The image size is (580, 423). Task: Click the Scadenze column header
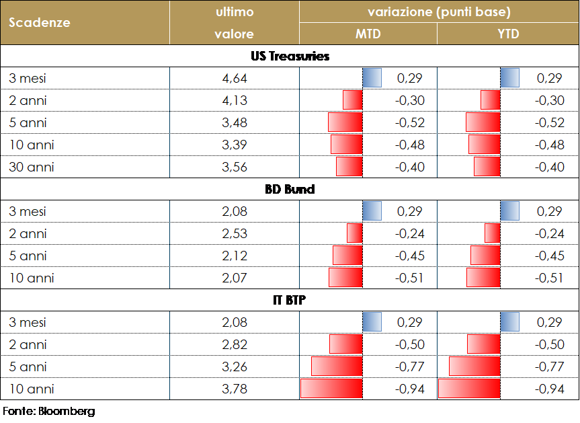tap(40, 22)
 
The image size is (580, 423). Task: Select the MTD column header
tap(368, 34)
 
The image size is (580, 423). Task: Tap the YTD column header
tap(507, 34)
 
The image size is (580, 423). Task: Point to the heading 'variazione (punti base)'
tap(439, 12)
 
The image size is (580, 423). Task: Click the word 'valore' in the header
tap(234, 34)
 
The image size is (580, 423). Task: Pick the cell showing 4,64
tap(235, 79)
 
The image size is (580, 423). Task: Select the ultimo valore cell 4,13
tap(235, 101)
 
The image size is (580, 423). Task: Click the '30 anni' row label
tap(32, 167)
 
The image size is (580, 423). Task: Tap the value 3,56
tap(235, 167)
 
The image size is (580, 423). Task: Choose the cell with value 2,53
tap(235, 234)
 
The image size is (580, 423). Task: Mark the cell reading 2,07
tap(235, 278)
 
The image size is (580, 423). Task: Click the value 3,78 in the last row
tap(235, 389)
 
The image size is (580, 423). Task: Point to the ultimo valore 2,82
tap(235, 345)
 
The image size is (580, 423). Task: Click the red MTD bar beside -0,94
tap(331, 389)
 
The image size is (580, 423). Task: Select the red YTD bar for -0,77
tap(474, 367)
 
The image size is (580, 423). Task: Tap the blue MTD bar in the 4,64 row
tap(372, 79)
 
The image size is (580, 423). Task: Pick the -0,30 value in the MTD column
tap(409, 101)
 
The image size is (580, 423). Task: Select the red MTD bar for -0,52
tap(345, 123)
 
